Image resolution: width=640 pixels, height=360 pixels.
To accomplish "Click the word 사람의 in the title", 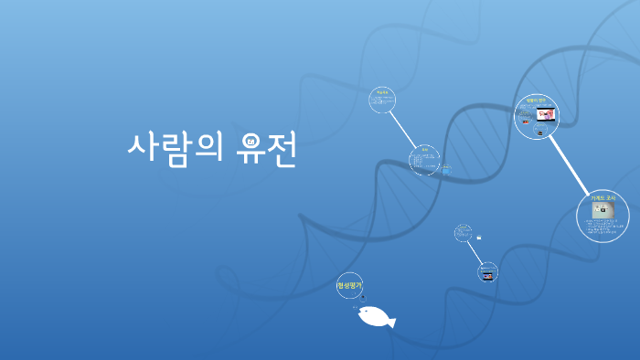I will coord(176,150).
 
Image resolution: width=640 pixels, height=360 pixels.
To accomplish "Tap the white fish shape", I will coord(375,317).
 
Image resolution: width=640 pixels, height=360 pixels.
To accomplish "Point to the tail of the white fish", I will coord(391,321).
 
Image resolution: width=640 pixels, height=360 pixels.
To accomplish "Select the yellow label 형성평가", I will coord(349,286).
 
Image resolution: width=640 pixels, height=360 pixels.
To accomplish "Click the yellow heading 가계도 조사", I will coord(603,198).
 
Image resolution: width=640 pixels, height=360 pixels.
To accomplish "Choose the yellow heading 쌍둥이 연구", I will coord(536,101).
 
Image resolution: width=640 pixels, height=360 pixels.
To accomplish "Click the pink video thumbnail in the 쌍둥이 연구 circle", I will coord(546,115).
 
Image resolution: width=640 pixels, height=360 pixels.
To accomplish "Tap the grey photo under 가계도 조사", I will coord(603,210).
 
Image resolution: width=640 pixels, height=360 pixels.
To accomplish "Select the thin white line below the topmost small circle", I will coord(402,129).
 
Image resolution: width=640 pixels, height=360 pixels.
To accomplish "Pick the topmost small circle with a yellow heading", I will coord(382,100).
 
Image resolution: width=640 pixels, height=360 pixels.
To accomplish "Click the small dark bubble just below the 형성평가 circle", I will coord(362,298).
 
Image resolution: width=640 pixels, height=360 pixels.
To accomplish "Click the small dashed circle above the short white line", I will coord(463,233).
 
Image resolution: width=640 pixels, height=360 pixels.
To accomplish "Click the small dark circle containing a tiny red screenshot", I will coord(487,272).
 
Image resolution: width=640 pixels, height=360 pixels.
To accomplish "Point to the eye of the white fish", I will coord(365,313).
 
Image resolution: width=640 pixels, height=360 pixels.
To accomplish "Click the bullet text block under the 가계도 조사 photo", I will coord(603,227).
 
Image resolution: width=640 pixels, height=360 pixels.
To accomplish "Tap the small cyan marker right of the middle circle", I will coord(446,168).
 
